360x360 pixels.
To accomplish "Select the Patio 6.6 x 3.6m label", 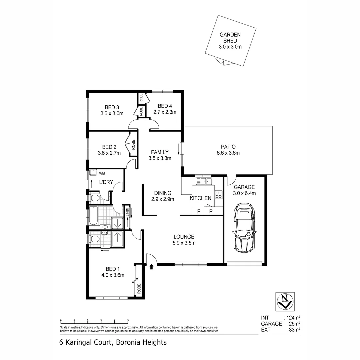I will [x=228, y=150].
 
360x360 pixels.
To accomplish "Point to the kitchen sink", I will [x=204, y=181].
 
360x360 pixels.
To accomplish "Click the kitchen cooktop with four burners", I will [x=218, y=194].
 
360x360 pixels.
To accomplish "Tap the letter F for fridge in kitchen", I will [x=199, y=211].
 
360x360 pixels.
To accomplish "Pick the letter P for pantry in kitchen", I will [x=211, y=211].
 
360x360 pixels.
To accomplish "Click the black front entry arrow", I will [x=152, y=266].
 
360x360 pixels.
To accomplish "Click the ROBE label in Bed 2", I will [x=133, y=145].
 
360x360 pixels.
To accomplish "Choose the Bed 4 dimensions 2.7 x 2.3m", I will [x=165, y=112].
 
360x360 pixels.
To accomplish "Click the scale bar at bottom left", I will [x=94, y=321].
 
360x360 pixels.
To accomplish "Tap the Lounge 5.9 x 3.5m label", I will [x=184, y=240].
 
